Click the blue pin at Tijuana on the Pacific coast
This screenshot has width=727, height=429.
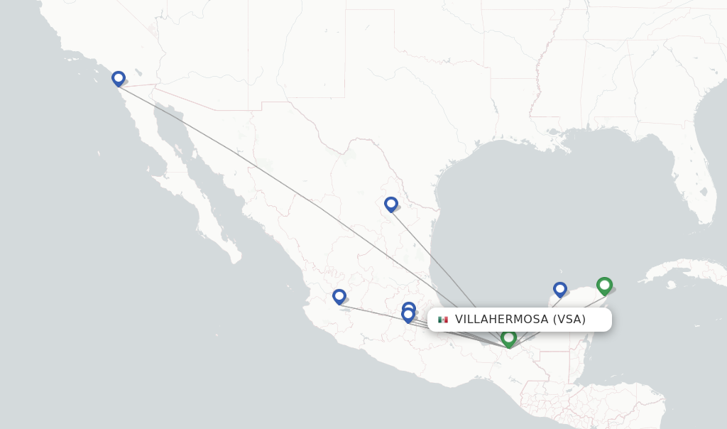coord(119,78)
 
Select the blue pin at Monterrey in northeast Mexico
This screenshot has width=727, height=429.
coord(391,204)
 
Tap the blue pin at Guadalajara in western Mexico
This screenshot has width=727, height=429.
coord(339,296)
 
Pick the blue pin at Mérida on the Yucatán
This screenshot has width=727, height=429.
coord(560,288)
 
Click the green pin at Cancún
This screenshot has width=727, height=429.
coord(604,285)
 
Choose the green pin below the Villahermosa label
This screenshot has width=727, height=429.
coord(508,338)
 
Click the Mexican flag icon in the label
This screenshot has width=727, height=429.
coord(443,320)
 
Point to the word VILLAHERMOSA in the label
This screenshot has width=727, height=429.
coord(501,320)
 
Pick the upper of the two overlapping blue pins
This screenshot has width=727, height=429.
coord(409,308)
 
